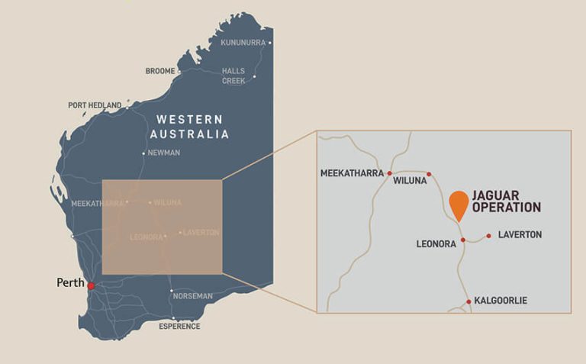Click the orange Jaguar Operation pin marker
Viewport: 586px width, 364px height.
click(x=459, y=205)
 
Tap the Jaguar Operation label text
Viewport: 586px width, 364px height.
click(x=507, y=201)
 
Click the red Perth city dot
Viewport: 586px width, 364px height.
click(x=91, y=286)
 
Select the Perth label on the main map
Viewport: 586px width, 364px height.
click(x=71, y=282)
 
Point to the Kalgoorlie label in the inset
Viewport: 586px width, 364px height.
click(x=501, y=301)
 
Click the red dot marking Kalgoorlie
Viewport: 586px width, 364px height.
click(x=468, y=301)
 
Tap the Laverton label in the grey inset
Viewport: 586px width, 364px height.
click(x=520, y=235)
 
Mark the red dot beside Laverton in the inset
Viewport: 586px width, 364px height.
click(x=488, y=235)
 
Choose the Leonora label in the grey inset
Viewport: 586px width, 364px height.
click(x=436, y=244)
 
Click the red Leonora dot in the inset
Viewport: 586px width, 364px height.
click(x=463, y=240)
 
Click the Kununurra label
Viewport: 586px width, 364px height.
click(x=243, y=43)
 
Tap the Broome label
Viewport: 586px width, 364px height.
click(x=160, y=72)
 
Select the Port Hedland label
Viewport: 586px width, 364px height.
click(x=95, y=105)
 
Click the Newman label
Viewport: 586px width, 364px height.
click(x=163, y=153)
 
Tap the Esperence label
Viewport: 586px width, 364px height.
click(x=179, y=327)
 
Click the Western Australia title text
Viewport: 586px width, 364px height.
click(x=191, y=127)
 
